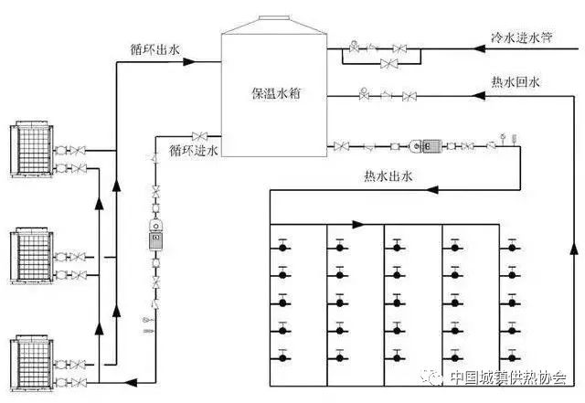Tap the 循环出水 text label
(x=150, y=48)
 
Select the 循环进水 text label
(x=194, y=149)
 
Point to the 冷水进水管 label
(x=523, y=38)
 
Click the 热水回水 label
(x=516, y=82)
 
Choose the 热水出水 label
(x=389, y=176)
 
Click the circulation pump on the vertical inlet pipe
(x=154, y=235)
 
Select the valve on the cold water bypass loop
(x=390, y=63)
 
